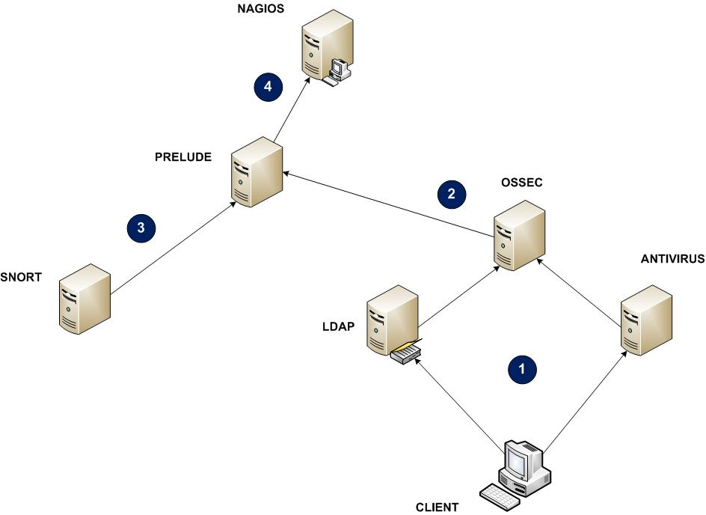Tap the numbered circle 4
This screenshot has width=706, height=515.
[268, 87]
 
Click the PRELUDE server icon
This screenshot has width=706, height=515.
[256, 171]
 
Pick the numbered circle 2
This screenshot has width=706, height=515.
[451, 193]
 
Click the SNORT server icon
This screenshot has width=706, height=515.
[85, 298]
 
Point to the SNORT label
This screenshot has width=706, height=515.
[21, 278]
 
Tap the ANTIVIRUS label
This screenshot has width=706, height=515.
[673, 259]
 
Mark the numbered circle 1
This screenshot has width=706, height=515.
[522, 368]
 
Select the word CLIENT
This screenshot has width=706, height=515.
[438, 507]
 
